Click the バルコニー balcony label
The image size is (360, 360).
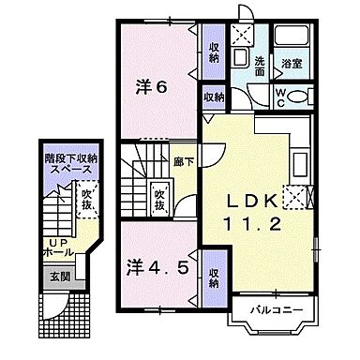pyautogui.click(x=273, y=308)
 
